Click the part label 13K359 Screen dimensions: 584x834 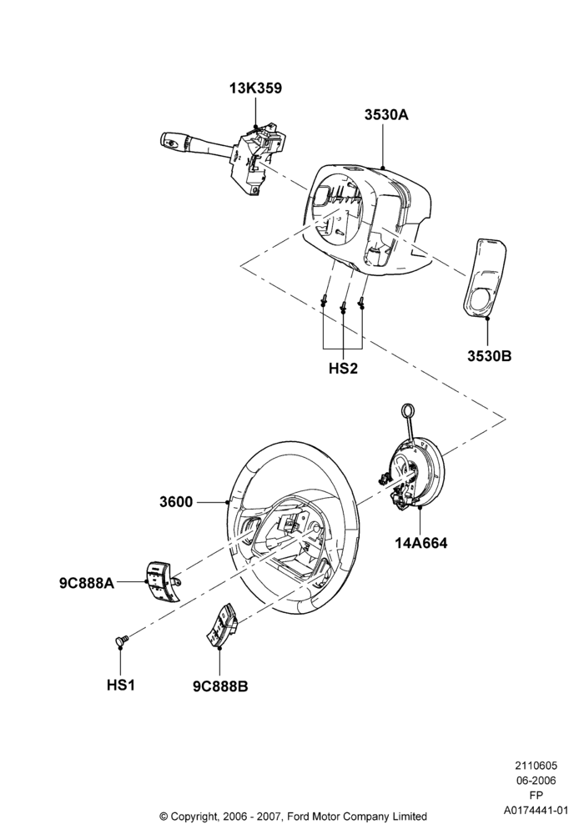[255, 88]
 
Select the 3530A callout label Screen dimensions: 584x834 [386, 114]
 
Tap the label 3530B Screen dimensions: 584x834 [490, 356]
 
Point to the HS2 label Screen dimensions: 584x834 [343, 368]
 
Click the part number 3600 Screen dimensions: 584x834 [176, 501]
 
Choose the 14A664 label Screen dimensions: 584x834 [420, 543]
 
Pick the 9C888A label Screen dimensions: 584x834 [87, 582]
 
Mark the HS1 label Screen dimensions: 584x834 [121, 685]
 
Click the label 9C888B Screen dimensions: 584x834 [220, 686]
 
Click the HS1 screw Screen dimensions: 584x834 [121, 639]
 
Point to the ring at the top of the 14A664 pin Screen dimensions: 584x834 [408, 411]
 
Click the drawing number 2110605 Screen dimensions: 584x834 [536, 766]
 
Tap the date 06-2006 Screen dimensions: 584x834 [536, 781]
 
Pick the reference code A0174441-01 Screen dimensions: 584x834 [536, 810]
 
